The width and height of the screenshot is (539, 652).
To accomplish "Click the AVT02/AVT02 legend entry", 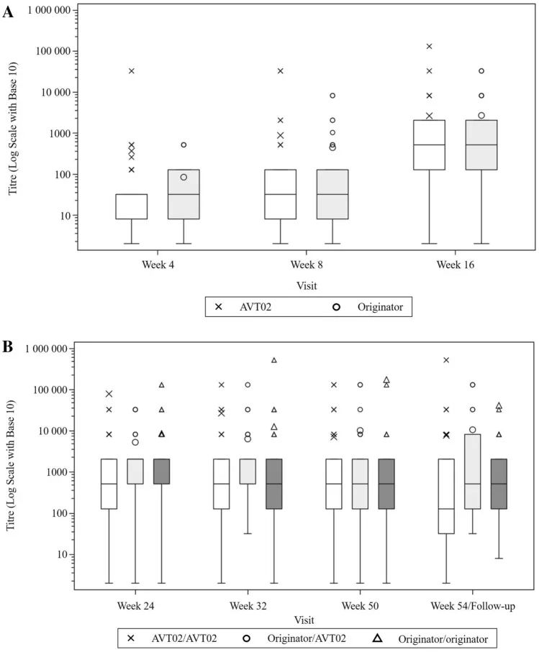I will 180,637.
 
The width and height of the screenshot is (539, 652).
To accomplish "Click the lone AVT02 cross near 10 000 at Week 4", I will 132,71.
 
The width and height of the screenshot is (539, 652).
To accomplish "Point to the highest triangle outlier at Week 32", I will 274,360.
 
